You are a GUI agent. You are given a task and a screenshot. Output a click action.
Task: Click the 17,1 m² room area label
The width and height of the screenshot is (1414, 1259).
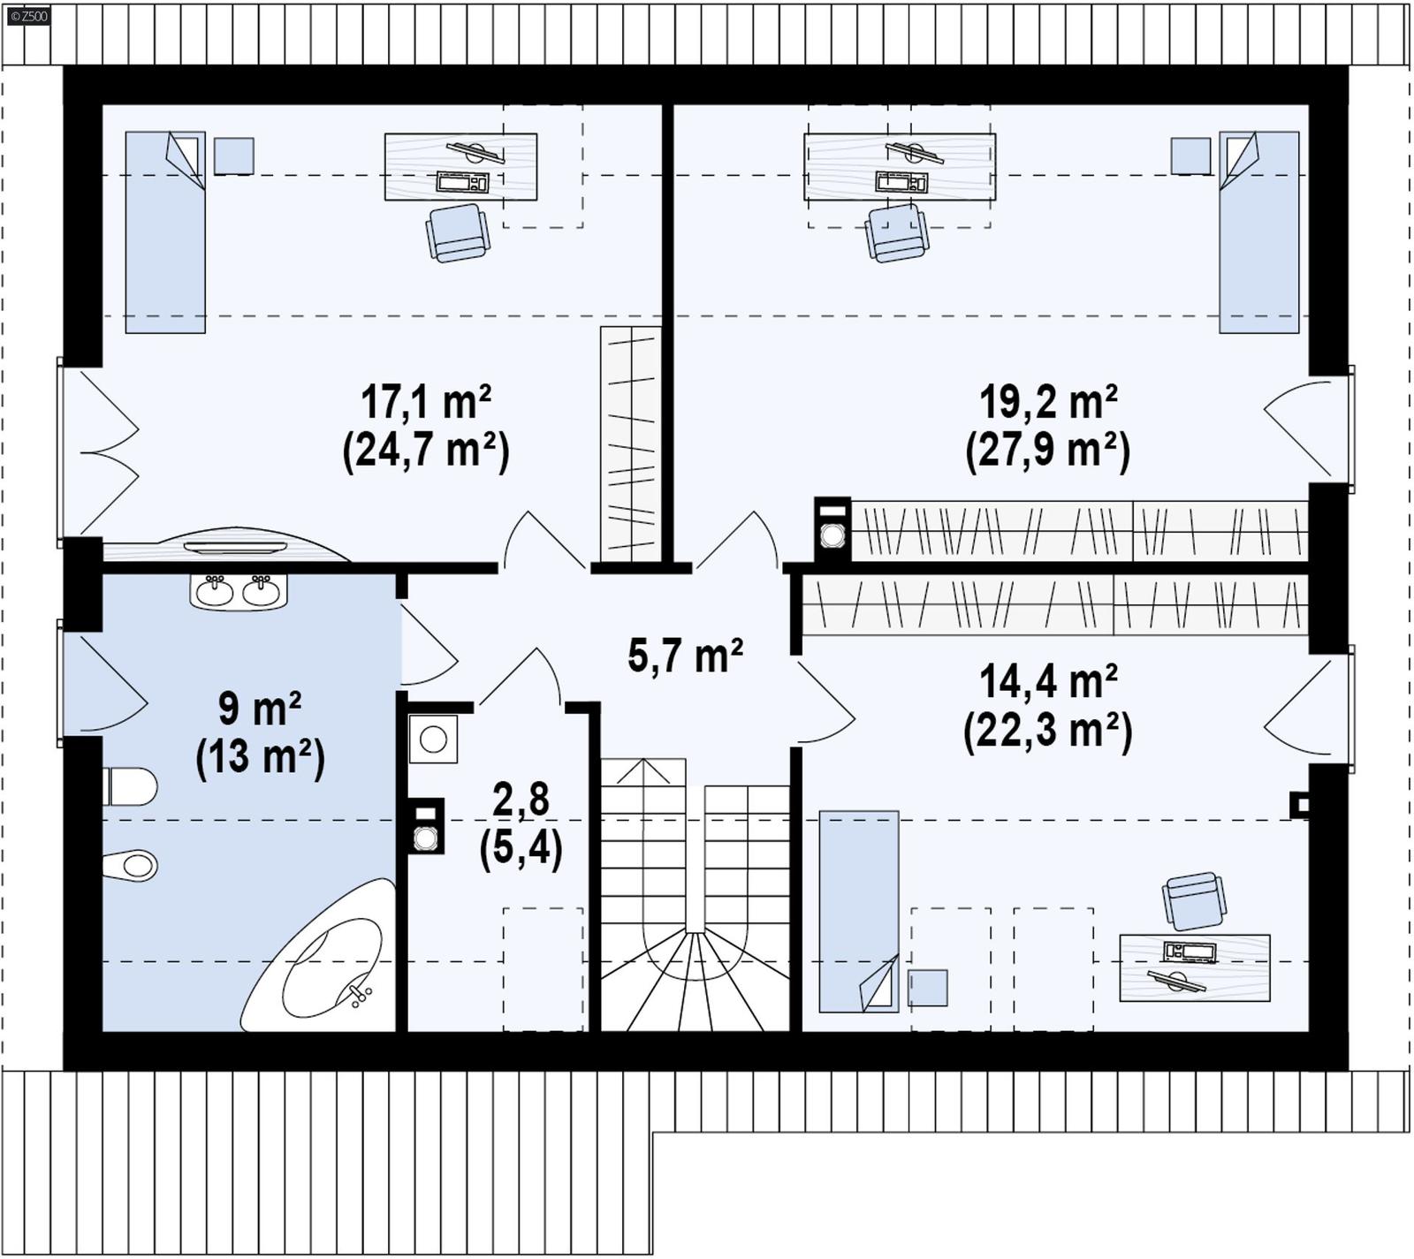coord(425,403)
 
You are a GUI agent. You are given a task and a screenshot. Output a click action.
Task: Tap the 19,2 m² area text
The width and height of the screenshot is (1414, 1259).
coord(1047,403)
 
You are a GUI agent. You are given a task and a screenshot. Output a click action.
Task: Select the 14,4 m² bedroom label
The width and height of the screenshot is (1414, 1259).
coord(1047,682)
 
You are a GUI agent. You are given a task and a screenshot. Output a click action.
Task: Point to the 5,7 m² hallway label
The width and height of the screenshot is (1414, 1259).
coord(685,656)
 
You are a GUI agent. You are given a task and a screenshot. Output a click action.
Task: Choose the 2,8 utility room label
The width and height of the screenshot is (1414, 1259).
coord(521,800)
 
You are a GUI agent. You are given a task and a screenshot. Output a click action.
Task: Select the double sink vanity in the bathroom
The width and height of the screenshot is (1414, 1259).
coord(238,591)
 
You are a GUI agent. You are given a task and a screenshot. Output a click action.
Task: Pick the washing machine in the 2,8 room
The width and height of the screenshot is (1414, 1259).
coord(433,739)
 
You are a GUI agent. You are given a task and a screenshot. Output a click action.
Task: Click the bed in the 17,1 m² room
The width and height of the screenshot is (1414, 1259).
coord(165,233)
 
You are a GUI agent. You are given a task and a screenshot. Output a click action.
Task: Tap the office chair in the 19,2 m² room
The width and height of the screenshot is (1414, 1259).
coord(896,233)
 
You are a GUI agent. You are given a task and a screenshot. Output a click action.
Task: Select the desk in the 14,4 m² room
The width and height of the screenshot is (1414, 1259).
coord(1194,967)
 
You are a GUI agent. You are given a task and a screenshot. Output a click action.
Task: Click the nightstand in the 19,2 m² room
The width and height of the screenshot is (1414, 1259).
coord(1190,156)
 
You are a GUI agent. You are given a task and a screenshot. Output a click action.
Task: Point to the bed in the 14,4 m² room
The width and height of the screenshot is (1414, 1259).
coord(858,911)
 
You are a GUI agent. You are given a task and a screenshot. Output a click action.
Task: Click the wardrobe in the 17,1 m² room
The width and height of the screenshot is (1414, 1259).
coord(630,444)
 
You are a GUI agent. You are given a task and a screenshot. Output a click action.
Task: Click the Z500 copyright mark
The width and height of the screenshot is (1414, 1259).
coord(28,16)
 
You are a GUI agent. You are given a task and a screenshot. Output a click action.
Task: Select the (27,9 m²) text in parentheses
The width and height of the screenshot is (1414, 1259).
coord(1047,451)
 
